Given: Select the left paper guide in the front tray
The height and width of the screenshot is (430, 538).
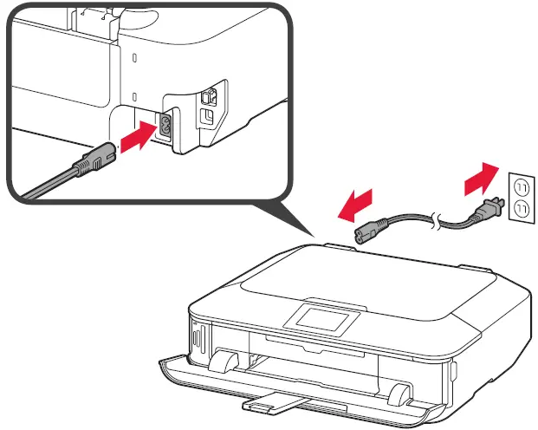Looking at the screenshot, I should click(223, 362).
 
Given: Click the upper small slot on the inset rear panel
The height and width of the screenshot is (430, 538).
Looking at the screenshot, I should click(134, 57).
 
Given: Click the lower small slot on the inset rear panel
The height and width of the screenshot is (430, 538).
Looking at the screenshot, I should click(134, 95).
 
